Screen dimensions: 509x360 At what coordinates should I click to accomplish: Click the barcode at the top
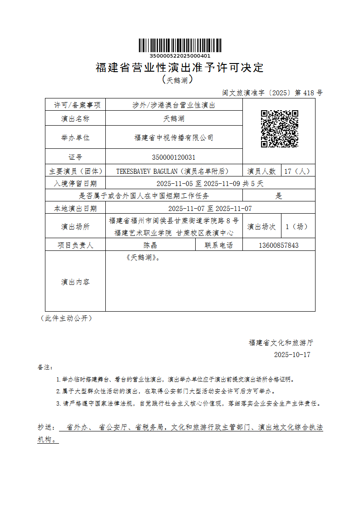point(180,45)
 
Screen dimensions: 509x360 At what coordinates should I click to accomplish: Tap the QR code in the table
point(279,129)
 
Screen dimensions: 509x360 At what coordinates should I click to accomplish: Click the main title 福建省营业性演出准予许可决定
point(180,68)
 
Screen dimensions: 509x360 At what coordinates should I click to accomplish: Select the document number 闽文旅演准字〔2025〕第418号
point(272,93)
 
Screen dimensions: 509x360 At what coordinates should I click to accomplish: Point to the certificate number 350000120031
point(174,157)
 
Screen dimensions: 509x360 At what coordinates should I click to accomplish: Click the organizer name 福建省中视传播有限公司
point(174,137)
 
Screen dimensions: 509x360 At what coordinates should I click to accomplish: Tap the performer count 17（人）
point(297,171)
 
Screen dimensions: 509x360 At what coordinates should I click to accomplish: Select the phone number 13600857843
point(279,245)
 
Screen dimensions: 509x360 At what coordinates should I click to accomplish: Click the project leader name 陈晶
point(150,245)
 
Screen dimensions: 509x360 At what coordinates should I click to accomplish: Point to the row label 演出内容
point(75,282)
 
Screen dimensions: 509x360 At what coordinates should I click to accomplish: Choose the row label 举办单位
point(75,137)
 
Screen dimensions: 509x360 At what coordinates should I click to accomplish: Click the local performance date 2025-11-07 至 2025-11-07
point(210,209)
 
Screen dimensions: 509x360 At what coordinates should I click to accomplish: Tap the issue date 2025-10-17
point(292,355)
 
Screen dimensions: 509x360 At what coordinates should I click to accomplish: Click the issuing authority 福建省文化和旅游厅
point(281,343)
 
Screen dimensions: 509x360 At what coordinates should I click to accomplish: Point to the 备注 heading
point(45,367)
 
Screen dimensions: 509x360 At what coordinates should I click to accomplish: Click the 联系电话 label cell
point(219,245)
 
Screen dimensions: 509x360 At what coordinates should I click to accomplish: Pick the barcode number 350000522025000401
point(180,56)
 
